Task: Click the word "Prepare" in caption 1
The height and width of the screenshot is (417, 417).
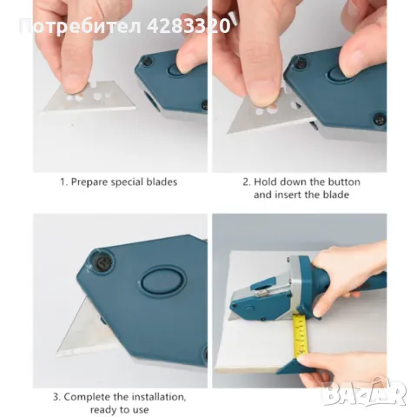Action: click(89, 182)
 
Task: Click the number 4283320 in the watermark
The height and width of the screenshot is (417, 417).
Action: click(189, 26)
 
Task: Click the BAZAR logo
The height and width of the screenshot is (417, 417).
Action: click(364, 394)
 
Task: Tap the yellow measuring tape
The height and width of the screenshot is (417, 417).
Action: click(301, 336)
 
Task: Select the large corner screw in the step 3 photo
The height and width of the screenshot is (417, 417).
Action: click(101, 263)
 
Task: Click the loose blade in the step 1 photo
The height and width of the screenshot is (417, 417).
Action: click(90, 97)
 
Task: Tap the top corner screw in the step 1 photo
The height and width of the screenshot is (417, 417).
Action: click(148, 61)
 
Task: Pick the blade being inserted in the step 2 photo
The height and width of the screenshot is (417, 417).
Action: click(269, 116)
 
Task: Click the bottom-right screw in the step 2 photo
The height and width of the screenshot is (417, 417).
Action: click(380, 118)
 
